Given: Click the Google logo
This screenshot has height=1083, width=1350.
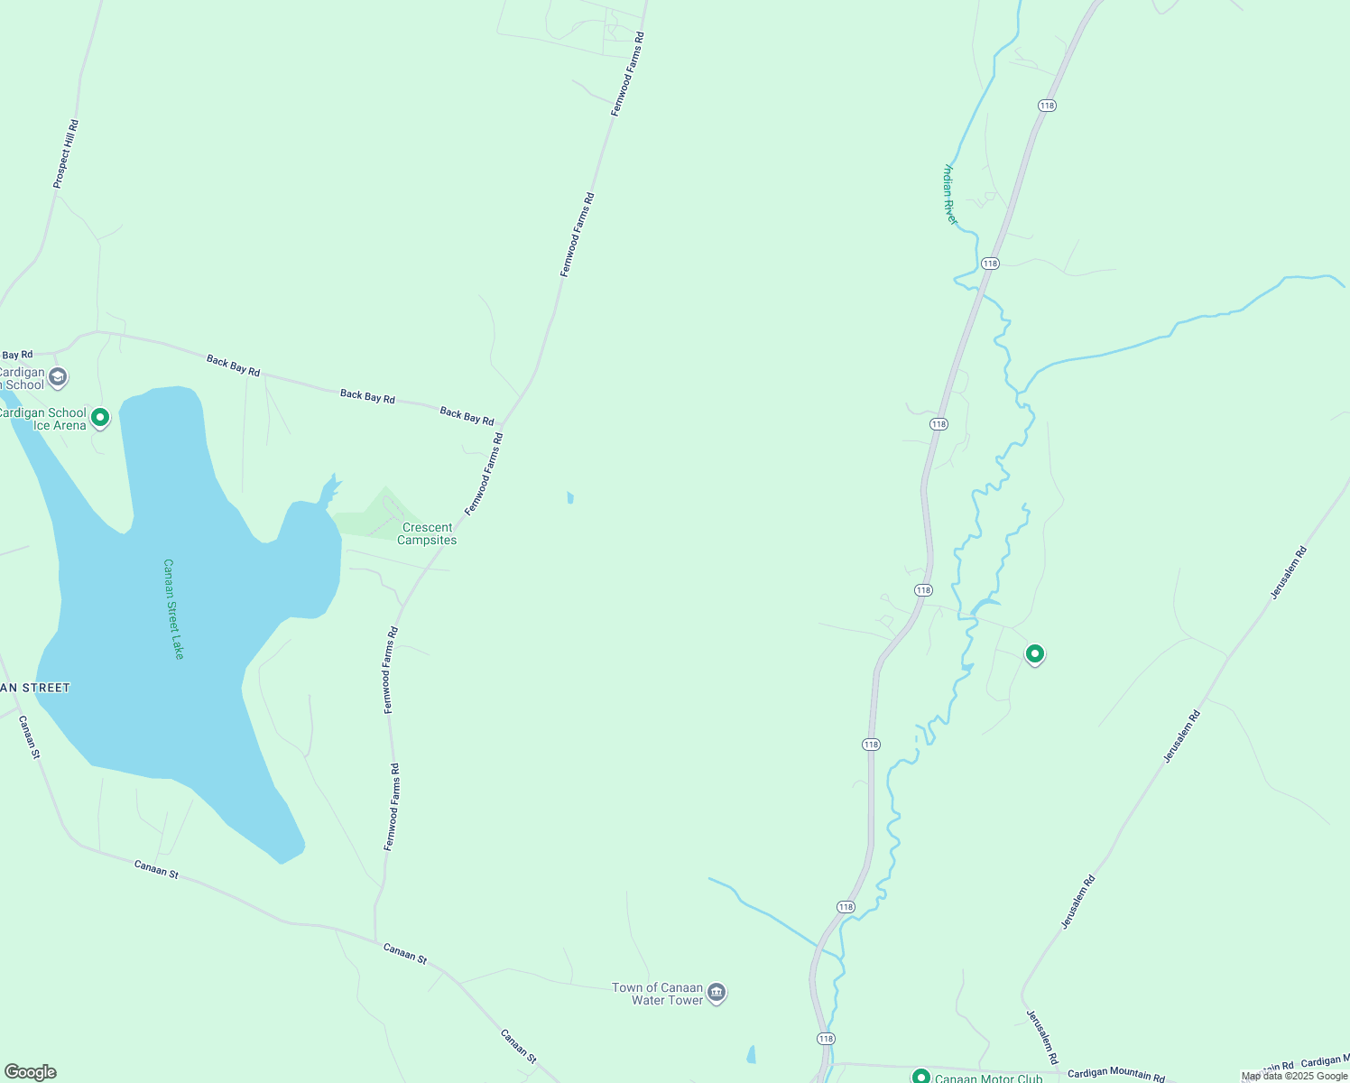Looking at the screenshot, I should [x=31, y=1072].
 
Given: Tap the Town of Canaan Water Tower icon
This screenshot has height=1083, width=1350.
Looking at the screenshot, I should [x=717, y=993].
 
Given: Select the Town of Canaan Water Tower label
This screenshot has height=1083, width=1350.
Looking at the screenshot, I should [x=657, y=994].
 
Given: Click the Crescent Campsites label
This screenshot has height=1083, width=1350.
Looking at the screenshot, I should [x=428, y=534].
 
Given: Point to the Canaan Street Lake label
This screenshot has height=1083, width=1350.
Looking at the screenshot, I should [x=173, y=609].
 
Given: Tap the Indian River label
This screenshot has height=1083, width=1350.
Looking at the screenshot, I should [x=949, y=194].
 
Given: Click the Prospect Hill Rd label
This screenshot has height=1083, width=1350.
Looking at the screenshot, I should [x=66, y=154].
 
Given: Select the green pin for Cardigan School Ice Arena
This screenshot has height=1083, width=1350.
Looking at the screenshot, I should [x=100, y=418].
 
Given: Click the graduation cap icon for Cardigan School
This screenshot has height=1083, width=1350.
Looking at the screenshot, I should [x=59, y=376].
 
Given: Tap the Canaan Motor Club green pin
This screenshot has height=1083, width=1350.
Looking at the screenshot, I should [x=920, y=1077].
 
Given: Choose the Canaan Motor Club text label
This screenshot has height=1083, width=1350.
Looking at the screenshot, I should [x=988, y=1078].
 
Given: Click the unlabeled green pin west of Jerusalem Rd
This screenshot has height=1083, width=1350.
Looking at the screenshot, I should [x=1035, y=653].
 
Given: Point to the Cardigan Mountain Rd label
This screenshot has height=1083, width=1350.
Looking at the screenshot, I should [x=1115, y=1074].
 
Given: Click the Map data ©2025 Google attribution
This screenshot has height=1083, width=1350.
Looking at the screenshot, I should [x=1294, y=1076].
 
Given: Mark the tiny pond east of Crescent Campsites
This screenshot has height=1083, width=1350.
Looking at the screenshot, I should [x=570, y=497].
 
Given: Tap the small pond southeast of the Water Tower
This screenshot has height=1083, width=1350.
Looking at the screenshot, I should [x=751, y=1054].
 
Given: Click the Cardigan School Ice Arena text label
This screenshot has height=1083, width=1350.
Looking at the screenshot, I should [x=43, y=420].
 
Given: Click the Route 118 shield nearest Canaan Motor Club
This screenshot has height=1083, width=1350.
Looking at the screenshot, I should [x=826, y=1039].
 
